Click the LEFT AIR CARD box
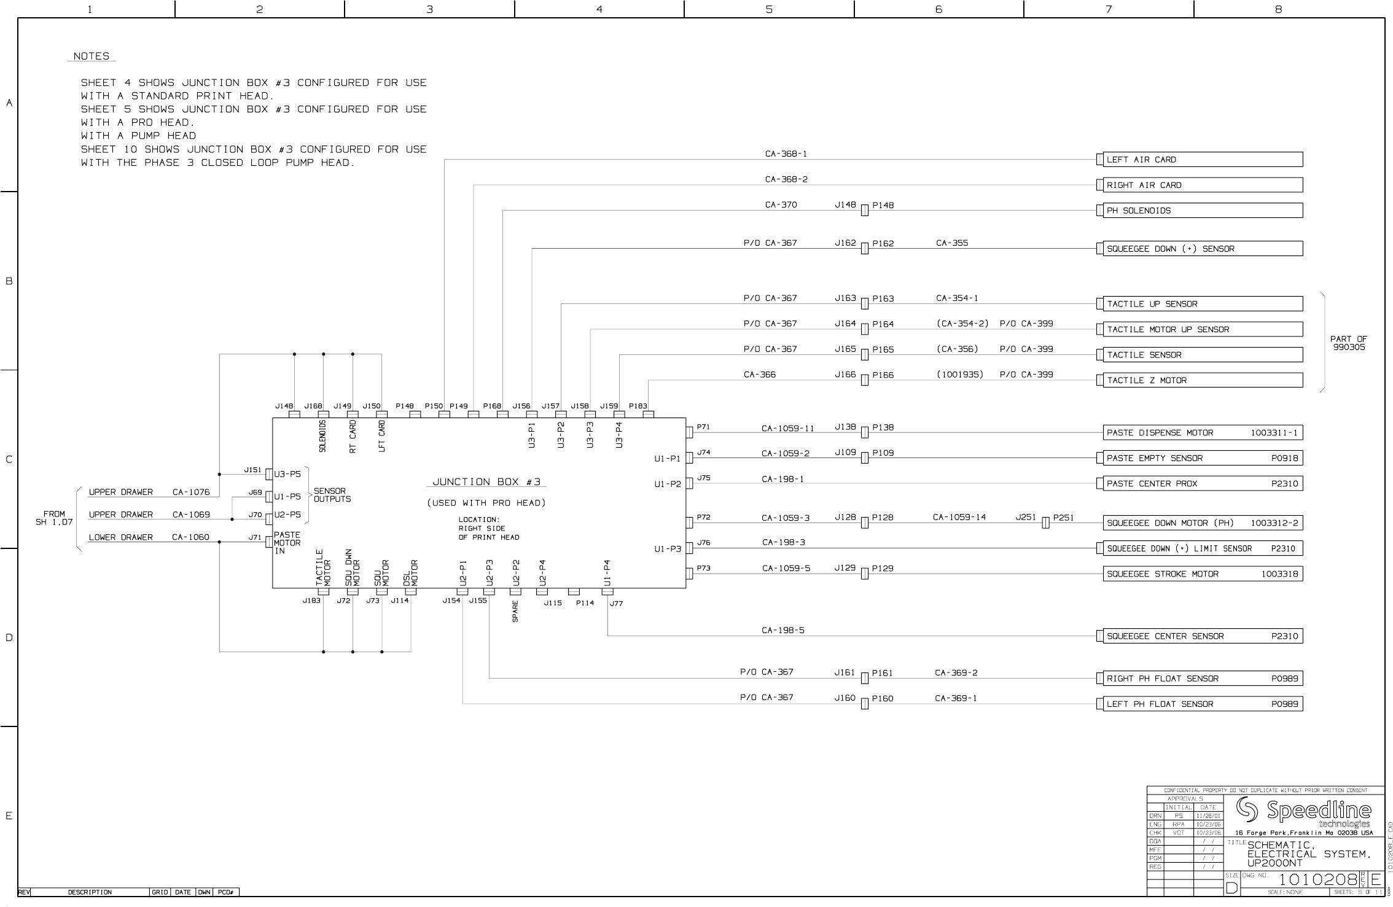tap(1202, 160)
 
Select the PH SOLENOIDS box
tap(1202, 211)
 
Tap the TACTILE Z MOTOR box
tap(1202, 381)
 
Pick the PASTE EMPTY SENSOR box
tap(1202, 458)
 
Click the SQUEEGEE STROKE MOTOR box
tap(1202, 574)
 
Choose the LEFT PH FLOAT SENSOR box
tap(1202, 704)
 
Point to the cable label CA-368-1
tap(786, 154)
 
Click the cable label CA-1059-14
tap(959, 518)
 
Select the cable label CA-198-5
tap(782, 631)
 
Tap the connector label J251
tap(1025, 518)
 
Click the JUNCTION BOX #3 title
tap(486, 482)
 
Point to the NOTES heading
tap(92, 56)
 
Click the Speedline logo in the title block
tap(1303, 812)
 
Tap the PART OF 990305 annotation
tap(1348, 343)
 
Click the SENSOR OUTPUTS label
tap(332, 495)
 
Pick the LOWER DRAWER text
tap(120, 537)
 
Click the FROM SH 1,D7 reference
tap(54, 518)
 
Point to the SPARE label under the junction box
tap(515, 611)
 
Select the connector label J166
tap(845, 375)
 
